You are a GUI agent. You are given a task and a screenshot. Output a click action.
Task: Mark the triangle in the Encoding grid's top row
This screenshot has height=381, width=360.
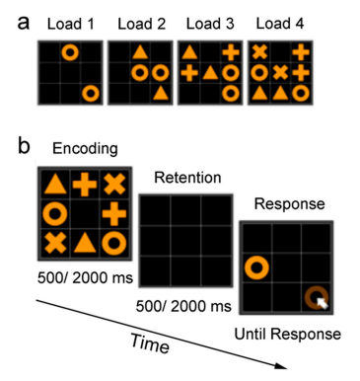(55, 184)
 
